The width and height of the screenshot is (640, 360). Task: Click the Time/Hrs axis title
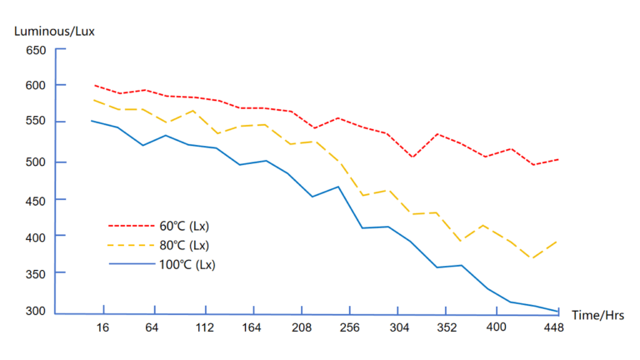pos(597,314)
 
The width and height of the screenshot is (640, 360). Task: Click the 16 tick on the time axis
pos(102,327)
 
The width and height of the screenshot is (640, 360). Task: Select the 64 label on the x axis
pos(152,327)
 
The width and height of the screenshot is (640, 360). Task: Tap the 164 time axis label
pos(252,327)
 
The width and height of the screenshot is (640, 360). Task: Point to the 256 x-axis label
pos(350,327)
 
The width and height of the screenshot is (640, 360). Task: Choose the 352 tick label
pos(447,327)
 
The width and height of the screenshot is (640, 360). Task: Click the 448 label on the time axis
pos(553,327)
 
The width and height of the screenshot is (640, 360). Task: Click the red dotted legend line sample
pos(128,226)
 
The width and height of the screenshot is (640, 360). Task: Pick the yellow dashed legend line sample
pos(128,245)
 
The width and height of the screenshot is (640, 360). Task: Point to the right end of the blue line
pos(558,311)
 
